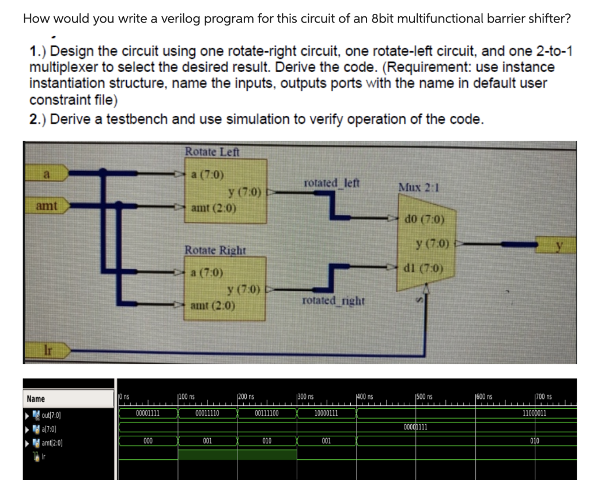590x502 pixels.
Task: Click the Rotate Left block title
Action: tap(211, 152)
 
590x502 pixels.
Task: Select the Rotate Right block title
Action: tap(215, 251)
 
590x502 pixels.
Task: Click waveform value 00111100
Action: tap(267, 413)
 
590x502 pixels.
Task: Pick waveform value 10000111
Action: tap(326, 413)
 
